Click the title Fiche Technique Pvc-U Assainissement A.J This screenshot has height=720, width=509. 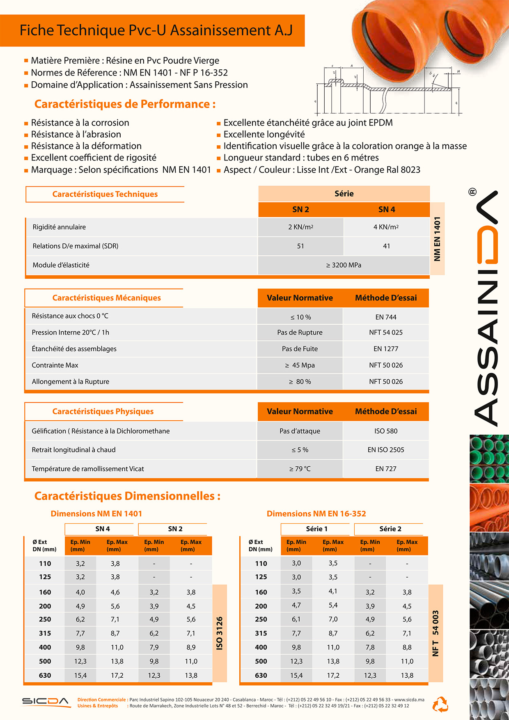(156, 31)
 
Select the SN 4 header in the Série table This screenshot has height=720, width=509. (387, 209)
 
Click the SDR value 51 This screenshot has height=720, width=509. (300, 246)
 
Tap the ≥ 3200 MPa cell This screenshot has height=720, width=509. (344, 265)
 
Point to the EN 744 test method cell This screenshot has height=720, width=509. (386, 317)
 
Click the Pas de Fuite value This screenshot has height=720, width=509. (300, 349)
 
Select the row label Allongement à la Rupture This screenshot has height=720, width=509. (71, 381)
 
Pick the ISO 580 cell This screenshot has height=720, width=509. (386, 431)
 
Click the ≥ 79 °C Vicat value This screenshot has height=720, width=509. (300, 469)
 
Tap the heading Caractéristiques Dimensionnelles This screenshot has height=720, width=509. (127, 496)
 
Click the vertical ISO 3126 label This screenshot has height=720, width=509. (220, 633)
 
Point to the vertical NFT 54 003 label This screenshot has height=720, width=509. (436, 633)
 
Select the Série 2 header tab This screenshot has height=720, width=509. (390, 529)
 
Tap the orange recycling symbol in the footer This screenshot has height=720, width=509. (440, 704)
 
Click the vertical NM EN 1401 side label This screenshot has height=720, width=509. (437, 238)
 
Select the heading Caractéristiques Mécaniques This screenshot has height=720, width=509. (106, 298)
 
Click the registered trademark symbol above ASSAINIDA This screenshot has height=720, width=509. (472, 192)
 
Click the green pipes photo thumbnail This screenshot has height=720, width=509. (489, 458)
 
